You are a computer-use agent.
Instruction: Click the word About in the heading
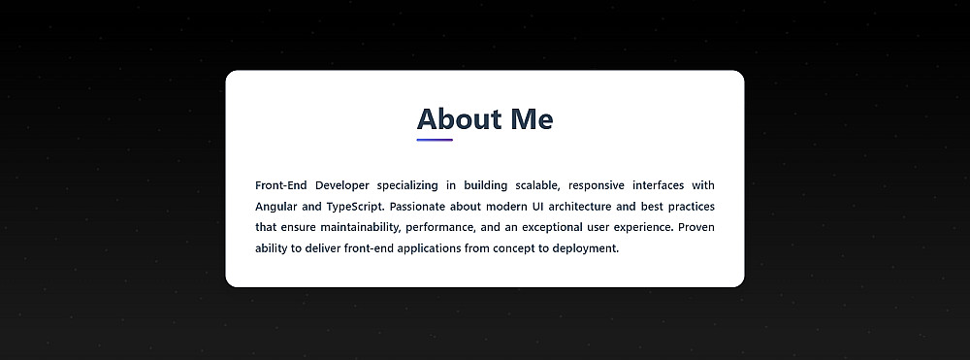459,118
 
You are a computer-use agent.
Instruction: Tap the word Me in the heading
532,118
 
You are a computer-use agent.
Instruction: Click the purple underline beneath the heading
435,140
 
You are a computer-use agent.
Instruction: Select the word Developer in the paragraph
342,185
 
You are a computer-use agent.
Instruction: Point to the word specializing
407,185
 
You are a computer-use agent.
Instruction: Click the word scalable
537,185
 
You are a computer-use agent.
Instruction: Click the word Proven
695,227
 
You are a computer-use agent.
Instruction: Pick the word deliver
322,248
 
